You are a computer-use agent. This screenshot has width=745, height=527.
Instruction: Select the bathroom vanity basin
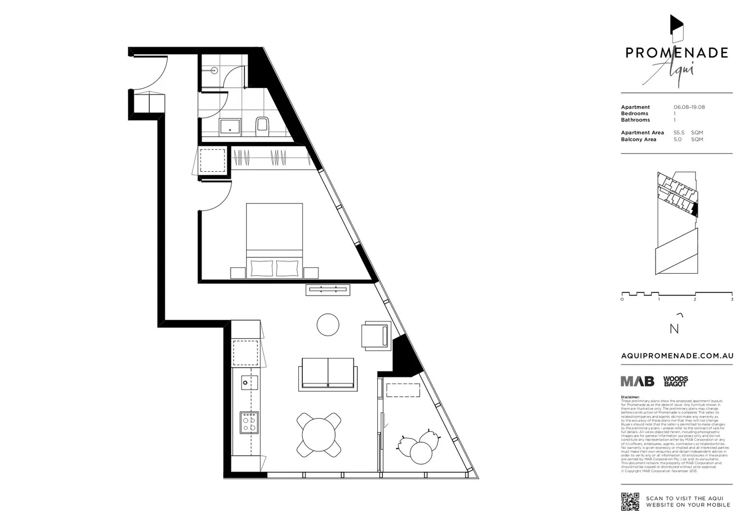(x=230, y=126)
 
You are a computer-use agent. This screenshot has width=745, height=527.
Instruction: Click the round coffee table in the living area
(x=328, y=324)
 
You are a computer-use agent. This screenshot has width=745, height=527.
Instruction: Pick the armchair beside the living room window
(x=375, y=336)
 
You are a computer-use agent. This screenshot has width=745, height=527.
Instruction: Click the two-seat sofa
(x=328, y=374)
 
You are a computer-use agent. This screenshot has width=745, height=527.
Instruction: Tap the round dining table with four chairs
(x=319, y=435)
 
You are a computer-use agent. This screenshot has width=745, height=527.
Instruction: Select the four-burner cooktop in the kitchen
(x=249, y=423)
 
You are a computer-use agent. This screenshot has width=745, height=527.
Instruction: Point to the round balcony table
(x=421, y=452)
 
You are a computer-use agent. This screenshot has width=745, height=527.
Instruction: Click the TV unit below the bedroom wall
(x=328, y=290)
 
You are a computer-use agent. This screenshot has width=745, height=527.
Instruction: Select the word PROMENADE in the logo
(x=677, y=53)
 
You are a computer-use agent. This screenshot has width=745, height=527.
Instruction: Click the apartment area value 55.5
(x=679, y=133)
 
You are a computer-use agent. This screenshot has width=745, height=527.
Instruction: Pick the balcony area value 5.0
(x=677, y=140)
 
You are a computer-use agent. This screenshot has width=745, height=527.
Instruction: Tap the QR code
(x=630, y=502)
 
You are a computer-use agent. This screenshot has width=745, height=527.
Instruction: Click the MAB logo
(x=637, y=381)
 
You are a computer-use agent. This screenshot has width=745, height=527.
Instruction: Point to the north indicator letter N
(x=674, y=329)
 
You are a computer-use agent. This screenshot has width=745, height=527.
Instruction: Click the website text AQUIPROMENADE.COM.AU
(x=677, y=356)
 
